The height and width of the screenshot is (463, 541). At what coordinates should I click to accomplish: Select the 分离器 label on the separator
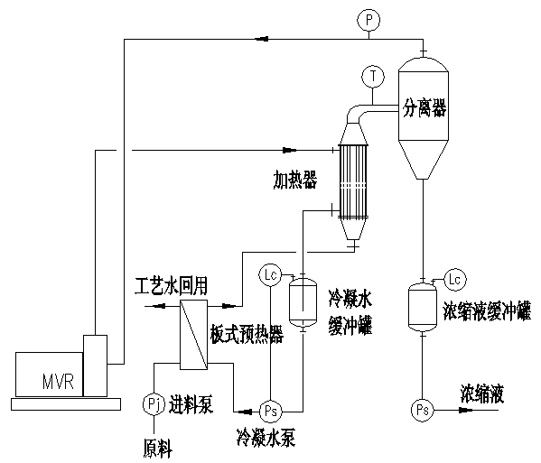pos(424,108)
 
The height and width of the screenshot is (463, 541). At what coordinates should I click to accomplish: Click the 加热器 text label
pos(295,180)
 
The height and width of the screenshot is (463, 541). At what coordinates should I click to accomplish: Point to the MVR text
pos(58,382)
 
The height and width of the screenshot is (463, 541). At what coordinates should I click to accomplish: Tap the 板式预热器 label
pos(247,334)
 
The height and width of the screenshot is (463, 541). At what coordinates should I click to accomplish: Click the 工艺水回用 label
pos(171,286)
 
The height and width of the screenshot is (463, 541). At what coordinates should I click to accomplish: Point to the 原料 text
pos(158,449)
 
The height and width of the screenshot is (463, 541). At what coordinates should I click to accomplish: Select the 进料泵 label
pos(191,404)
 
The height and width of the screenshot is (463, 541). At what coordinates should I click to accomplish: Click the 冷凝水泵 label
pos(266,438)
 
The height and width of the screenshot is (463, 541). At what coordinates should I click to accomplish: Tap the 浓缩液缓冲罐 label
pos(487,311)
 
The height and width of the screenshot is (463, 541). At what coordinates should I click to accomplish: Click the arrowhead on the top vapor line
pos(262,39)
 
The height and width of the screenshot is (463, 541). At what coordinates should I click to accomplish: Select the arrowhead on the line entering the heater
pos(290,150)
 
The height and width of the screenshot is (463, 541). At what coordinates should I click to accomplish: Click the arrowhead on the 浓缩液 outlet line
pos(466,410)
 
